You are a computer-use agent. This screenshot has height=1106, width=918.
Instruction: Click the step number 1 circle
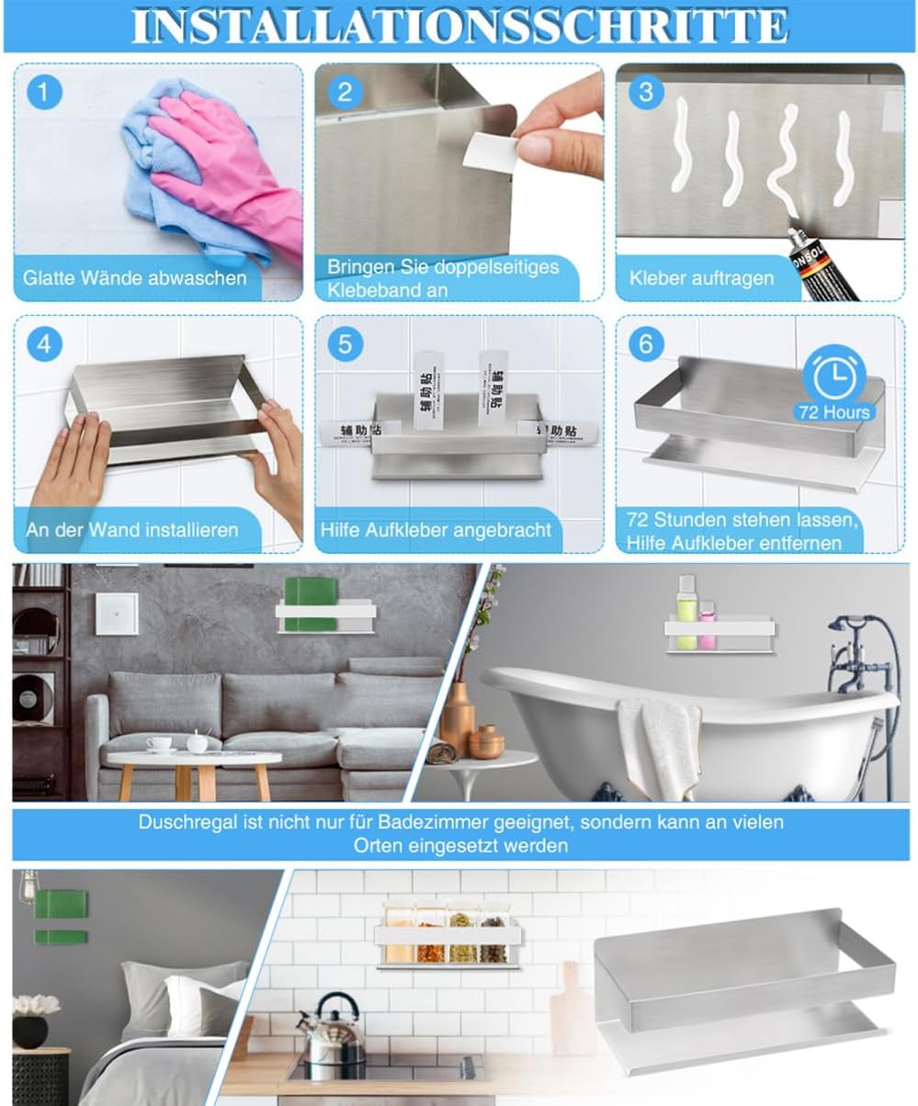pos(44,93)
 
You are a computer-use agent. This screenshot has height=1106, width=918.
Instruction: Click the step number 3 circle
pos(646,93)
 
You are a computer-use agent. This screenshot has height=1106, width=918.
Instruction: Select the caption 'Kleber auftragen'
pos(701,277)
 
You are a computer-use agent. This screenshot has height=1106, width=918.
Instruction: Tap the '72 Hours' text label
pos(833,412)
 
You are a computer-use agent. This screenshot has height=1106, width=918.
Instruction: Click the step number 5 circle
pos(345,344)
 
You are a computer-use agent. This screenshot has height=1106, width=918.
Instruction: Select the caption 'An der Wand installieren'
pos(131,530)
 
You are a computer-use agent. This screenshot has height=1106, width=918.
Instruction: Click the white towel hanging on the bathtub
pos(658,744)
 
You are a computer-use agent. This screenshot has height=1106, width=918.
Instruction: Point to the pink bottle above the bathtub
pos(707,629)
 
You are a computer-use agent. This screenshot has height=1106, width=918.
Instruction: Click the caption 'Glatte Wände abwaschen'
pos(135,277)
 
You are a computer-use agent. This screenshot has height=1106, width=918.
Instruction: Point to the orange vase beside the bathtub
pos(457,717)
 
